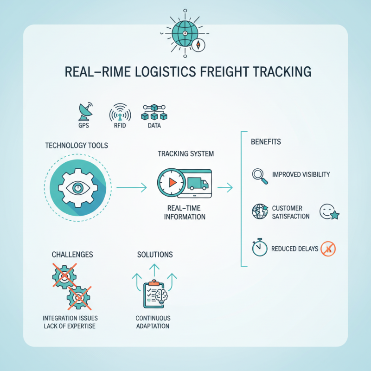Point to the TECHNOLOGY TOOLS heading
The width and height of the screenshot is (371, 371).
[x=77, y=146]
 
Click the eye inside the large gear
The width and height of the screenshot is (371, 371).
[x=77, y=188]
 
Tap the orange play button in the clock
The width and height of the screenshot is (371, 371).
[x=173, y=183]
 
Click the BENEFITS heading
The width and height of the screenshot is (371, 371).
[x=266, y=141]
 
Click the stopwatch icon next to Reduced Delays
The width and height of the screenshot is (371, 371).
[x=259, y=248]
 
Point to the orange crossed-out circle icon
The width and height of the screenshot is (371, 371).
[x=328, y=249]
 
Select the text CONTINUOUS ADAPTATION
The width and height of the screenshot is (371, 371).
[x=153, y=322]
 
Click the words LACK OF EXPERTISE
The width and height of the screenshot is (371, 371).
[x=70, y=326]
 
